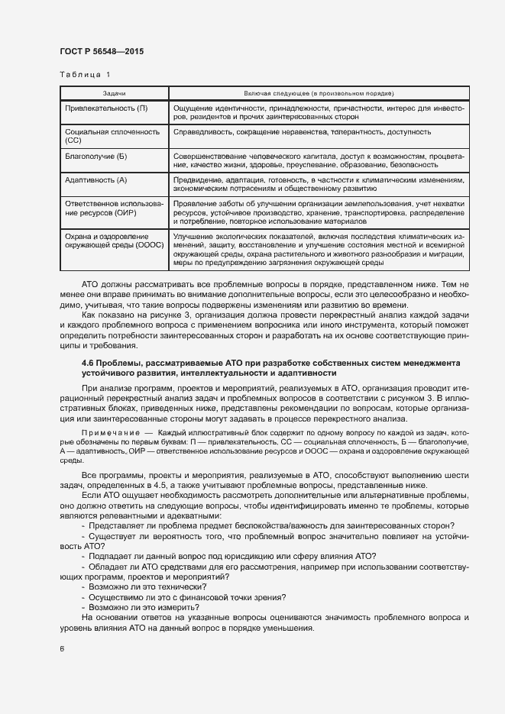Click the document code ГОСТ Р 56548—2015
[x=101, y=51]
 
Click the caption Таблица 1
[x=84, y=75]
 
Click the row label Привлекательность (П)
[x=106, y=108]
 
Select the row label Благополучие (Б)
[x=96, y=155]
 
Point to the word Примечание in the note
[x=105, y=431]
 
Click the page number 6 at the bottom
[x=61, y=649]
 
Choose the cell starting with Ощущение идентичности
[x=318, y=112]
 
